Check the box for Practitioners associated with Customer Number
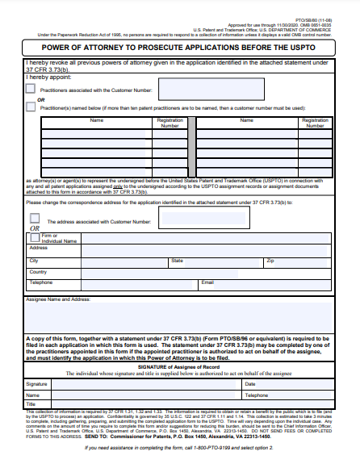[x=31, y=91]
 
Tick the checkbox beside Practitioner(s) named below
[x=31, y=107]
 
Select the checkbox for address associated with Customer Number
[x=35, y=218]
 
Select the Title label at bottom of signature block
[x=32, y=404]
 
